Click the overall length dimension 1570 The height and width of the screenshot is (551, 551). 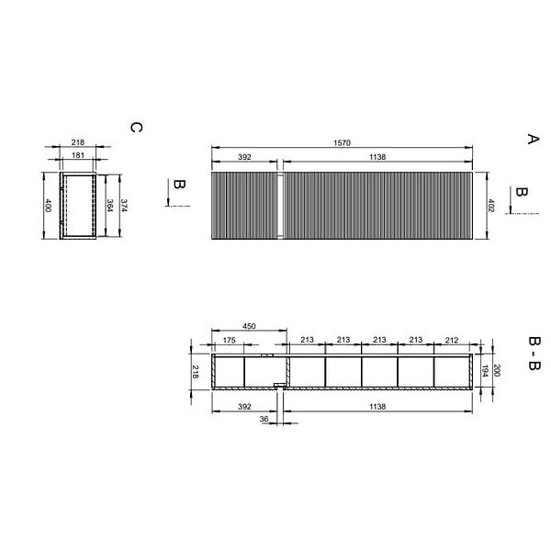[342, 143]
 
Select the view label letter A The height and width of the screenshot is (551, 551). [533, 139]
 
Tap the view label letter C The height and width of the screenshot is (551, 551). [136, 128]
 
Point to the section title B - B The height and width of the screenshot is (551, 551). [534, 354]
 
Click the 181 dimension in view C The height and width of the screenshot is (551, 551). [78, 155]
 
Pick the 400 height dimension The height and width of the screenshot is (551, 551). [48, 206]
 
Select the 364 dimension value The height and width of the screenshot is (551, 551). [109, 206]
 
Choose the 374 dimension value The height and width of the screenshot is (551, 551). [124, 206]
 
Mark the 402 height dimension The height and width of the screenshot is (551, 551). [491, 206]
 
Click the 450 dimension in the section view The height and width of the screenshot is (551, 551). [249, 326]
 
